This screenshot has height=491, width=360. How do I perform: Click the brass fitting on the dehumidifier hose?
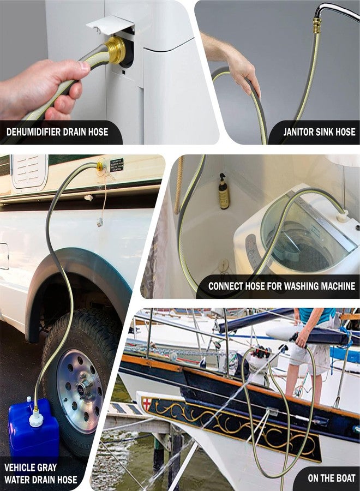[x=115, y=50]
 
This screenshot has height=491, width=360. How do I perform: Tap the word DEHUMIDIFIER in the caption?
[x=33, y=132]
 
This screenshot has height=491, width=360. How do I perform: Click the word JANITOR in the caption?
[x=298, y=132]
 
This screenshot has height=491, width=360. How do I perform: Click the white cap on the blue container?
[x=36, y=418]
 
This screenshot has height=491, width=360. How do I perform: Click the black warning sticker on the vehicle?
[x=116, y=165]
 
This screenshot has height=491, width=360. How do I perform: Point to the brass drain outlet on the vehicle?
[x=100, y=165]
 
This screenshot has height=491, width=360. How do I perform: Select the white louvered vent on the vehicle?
[x=29, y=170]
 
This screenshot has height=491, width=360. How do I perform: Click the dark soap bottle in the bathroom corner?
[x=224, y=191]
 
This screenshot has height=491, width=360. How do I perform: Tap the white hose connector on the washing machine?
[x=342, y=215]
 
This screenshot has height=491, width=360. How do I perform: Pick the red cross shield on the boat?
[x=147, y=403]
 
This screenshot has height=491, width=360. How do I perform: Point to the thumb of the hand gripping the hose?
[x=84, y=66]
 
